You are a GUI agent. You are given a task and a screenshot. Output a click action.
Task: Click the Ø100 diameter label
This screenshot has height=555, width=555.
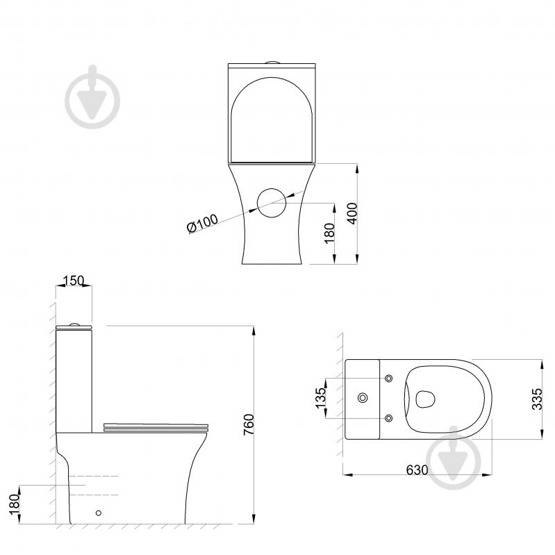[202, 224]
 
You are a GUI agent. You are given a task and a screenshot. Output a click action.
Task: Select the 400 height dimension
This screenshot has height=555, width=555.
[353, 213]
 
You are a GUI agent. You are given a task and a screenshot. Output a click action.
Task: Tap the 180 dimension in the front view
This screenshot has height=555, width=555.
[329, 233]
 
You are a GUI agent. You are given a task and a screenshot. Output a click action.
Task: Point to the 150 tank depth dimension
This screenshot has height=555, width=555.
[74, 281]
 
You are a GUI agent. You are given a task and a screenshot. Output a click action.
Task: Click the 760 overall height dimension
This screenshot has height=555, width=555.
[249, 424]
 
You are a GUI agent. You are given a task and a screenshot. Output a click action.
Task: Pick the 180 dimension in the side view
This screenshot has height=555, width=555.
[14, 504]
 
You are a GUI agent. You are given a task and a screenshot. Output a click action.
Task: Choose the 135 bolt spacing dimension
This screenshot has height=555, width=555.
[320, 398]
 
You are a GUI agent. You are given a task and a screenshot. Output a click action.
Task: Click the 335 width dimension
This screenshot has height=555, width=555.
[537, 399]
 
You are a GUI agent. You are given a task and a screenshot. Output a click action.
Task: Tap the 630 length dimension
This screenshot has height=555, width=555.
[417, 470]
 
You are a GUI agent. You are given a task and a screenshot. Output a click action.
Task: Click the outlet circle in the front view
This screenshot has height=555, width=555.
[272, 203]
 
